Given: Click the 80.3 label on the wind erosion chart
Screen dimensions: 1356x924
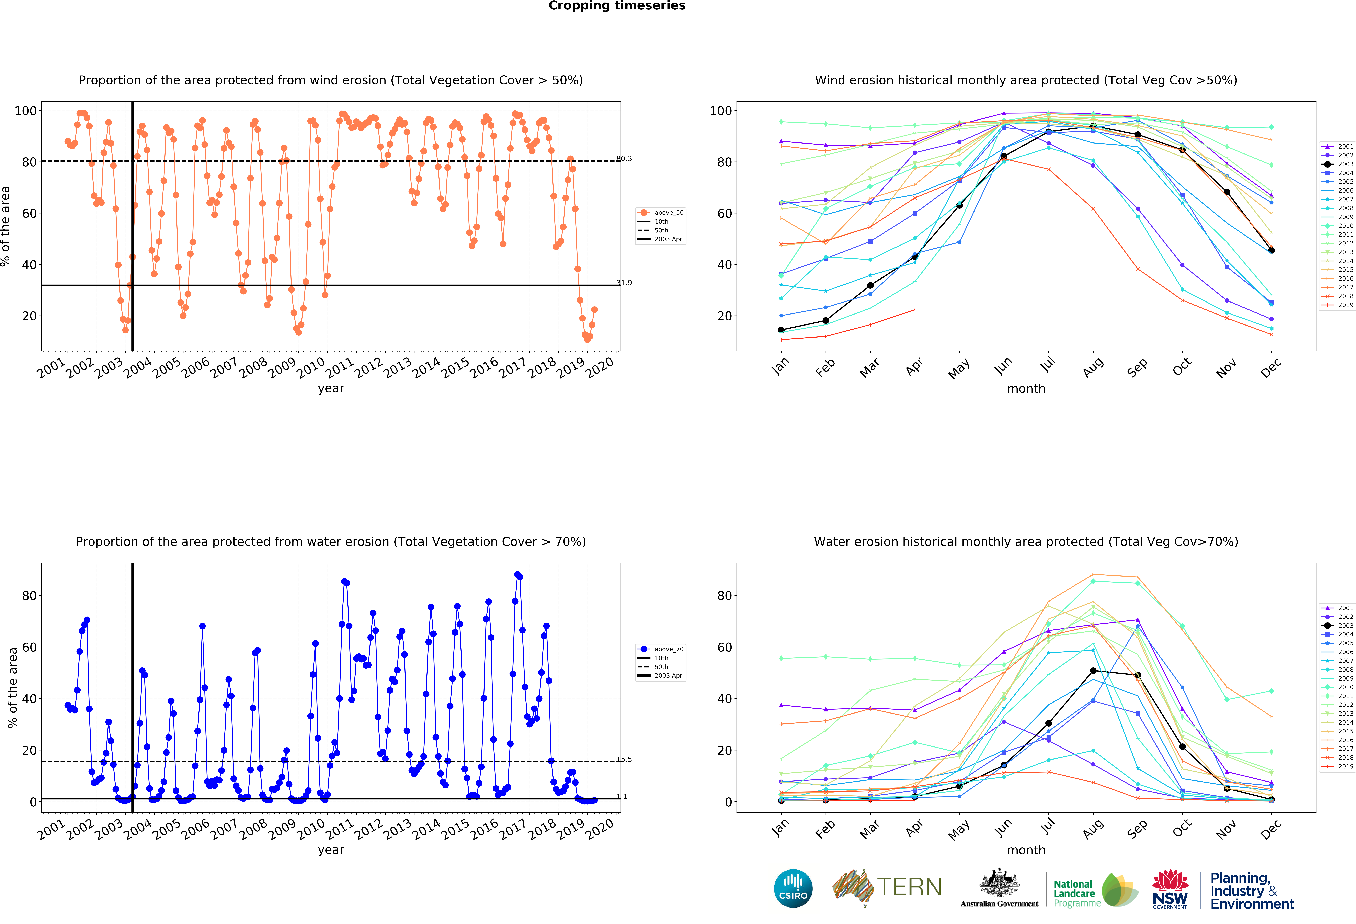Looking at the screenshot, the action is click(x=624, y=159).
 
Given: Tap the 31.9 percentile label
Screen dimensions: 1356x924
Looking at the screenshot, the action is click(x=624, y=283).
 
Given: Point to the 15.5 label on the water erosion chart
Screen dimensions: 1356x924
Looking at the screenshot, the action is click(x=624, y=760).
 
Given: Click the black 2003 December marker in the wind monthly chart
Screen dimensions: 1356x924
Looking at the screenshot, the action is click(x=1271, y=250).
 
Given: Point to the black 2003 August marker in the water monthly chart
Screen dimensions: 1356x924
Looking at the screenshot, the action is click(x=1093, y=671).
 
